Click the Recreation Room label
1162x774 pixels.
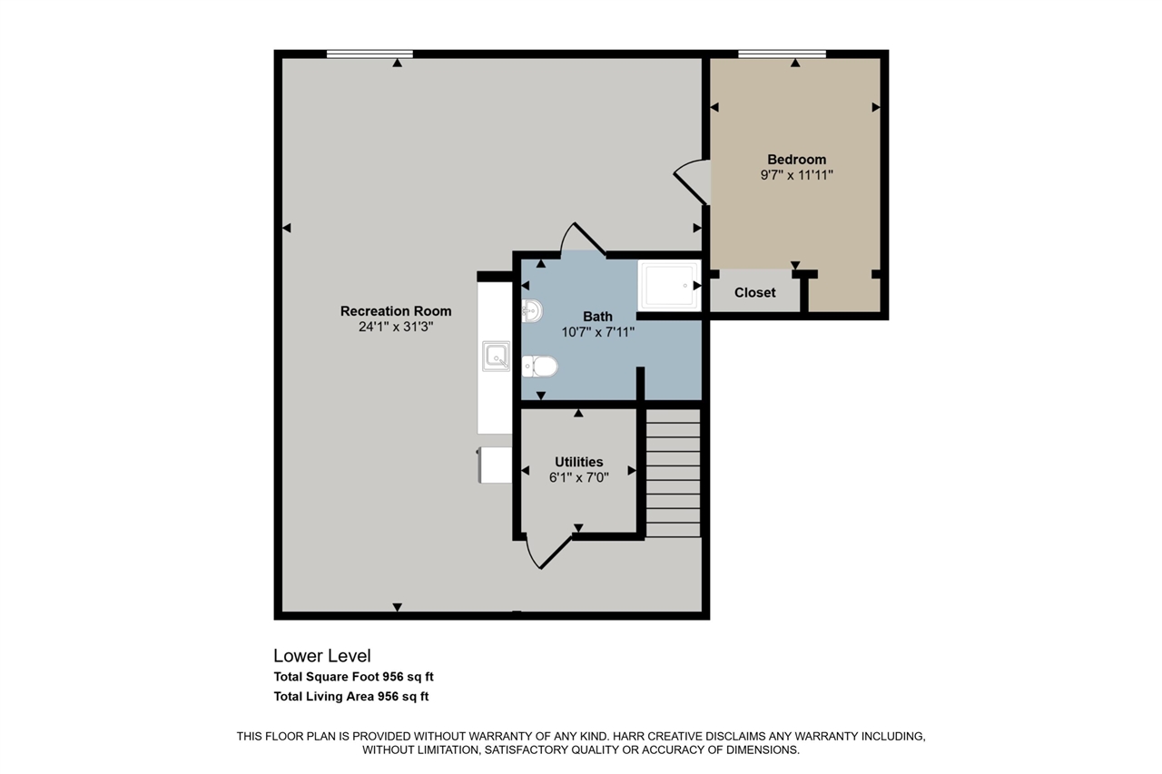tap(395, 311)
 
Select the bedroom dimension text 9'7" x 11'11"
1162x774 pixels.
tap(796, 175)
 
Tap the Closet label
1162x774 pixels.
tap(754, 292)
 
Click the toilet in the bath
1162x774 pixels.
tap(541, 367)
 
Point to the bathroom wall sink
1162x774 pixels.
tap(532, 311)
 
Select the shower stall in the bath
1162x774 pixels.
tap(669, 285)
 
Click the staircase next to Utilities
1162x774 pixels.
tap(673, 473)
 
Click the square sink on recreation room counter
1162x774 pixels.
tap(497, 356)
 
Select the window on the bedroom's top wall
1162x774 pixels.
tap(782, 54)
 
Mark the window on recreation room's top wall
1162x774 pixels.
tap(369, 54)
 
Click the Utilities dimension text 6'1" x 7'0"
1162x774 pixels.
tap(578, 477)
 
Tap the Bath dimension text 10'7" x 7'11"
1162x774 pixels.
tap(597, 332)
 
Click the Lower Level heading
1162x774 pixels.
tap(321, 656)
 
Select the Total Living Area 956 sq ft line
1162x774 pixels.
tap(350, 697)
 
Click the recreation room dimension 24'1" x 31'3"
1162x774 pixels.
tap(395, 327)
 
